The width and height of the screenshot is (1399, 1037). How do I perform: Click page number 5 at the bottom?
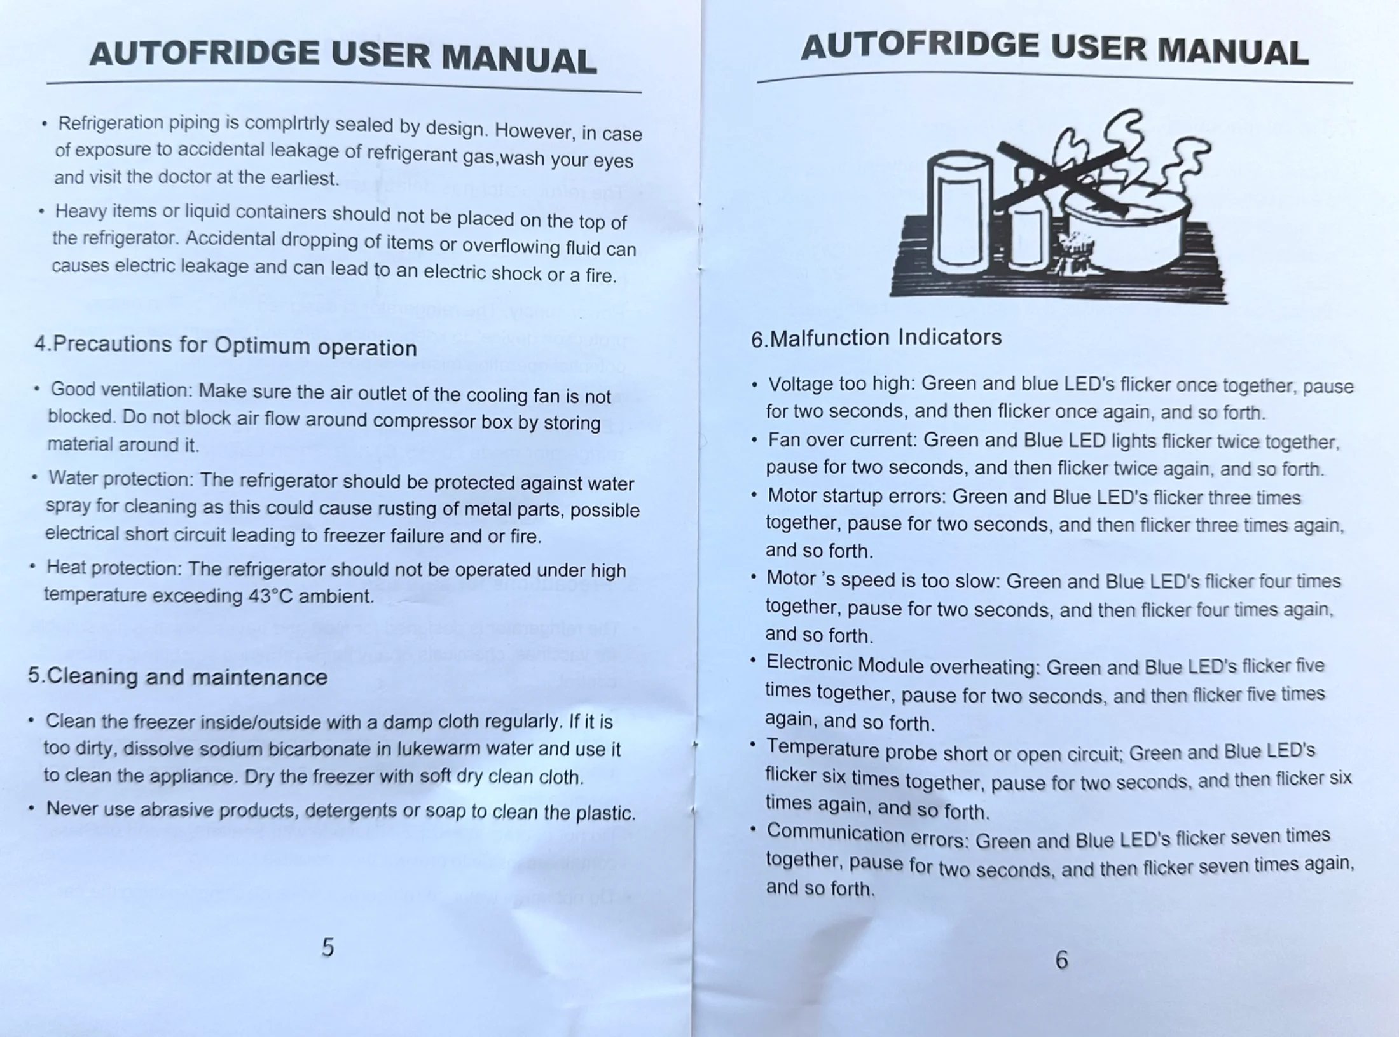(327, 947)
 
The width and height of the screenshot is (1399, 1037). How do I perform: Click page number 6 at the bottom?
(1061, 959)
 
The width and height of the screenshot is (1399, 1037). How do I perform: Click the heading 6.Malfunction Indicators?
(876, 338)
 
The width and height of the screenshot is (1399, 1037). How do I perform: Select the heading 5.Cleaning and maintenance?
(177, 676)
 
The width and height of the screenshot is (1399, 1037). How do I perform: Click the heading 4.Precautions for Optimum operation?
(226, 347)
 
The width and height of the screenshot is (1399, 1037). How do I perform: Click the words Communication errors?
(867, 835)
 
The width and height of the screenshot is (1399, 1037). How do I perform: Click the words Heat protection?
(114, 568)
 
